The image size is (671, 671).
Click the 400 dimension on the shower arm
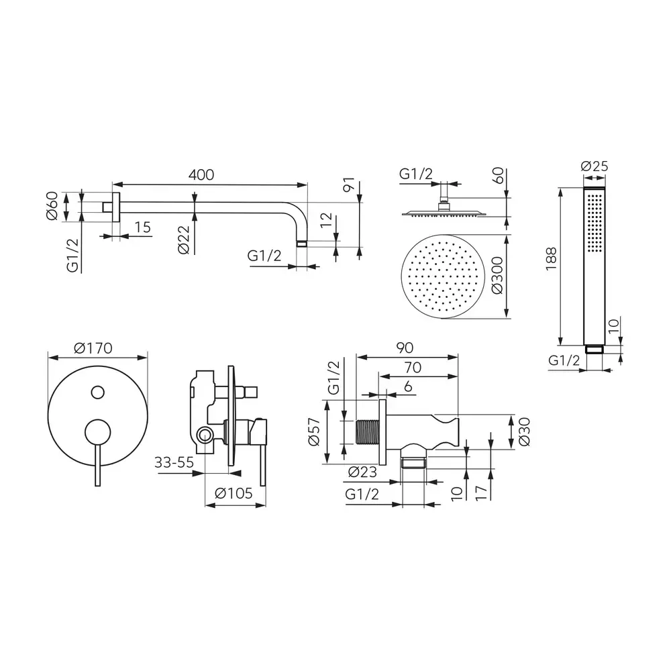tap(201, 174)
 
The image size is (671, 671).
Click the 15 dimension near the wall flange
tap(142, 227)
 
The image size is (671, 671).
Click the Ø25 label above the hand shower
tap(595, 166)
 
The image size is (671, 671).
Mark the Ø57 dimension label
tap(316, 432)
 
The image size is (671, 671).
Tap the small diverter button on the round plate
tap(98, 392)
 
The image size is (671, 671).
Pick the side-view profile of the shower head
tap(442, 213)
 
